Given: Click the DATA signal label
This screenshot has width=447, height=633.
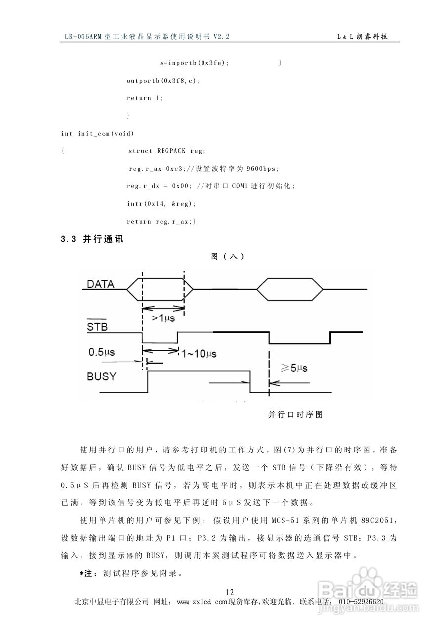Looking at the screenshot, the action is pyautogui.click(x=100, y=284).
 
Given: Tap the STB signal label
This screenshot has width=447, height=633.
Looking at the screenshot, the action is pyautogui.click(x=97, y=327).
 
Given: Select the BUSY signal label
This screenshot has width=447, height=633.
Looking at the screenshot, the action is pyautogui.click(x=101, y=376).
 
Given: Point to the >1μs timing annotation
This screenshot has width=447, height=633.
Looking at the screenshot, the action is pyautogui.click(x=163, y=319).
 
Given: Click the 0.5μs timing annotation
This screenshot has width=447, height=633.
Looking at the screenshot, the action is pyautogui.click(x=102, y=352).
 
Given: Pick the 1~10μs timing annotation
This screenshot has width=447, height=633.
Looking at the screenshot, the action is pyautogui.click(x=199, y=354).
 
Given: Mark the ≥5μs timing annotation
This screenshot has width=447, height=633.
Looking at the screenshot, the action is pyautogui.click(x=294, y=368).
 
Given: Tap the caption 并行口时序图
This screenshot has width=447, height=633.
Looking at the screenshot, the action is pyautogui.click(x=295, y=415).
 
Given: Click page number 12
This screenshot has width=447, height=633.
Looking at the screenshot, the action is pyautogui.click(x=229, y=592).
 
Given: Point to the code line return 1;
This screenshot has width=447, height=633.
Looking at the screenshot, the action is pyautogui.click(x=145, y=98).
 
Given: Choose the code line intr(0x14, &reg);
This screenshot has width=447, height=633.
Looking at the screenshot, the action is pyautogui.click(x=162, y=204).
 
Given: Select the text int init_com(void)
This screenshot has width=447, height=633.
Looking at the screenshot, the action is pyautogui.click(x=97, y=134).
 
